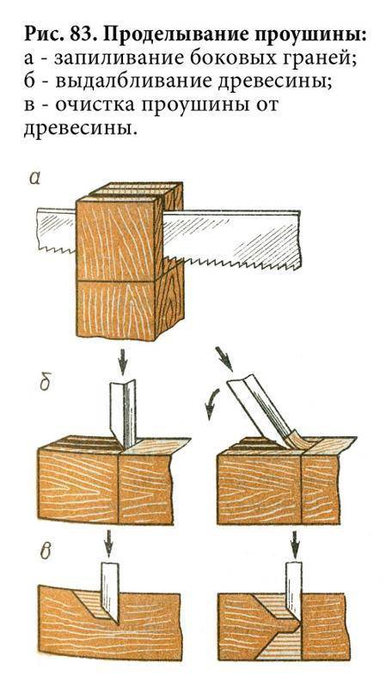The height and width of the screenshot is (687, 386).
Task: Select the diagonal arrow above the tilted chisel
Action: click(x=224, y=358)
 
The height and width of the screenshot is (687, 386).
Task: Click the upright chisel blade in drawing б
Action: click(x=123, y=414)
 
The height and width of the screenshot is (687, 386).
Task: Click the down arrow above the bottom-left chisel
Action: click(x=107, y=542)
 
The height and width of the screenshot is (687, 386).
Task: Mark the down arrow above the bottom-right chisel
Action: click(x=295, y=543)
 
